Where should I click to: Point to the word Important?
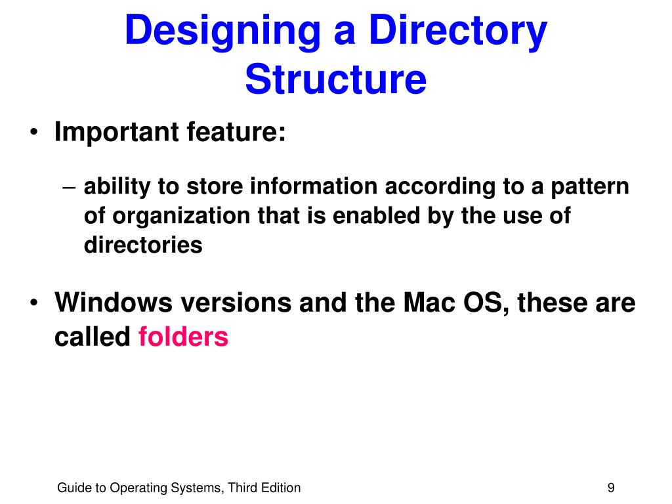tap(117, 133)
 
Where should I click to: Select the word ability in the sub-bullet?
tap(115, 187)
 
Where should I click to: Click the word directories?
tap(143, 245)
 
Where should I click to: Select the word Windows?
tap(114, 303)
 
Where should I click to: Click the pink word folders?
tap(183, 337)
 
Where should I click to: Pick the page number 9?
tap(611, 488)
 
